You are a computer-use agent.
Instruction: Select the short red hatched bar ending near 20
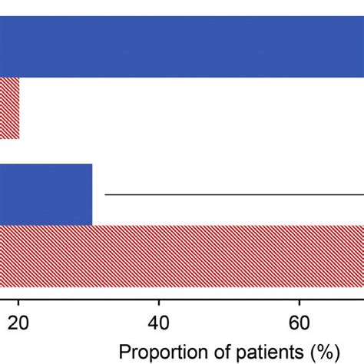click(9, 108)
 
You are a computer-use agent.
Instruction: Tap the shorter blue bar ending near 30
click(46, 194)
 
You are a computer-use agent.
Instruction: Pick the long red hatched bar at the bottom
click(182, 256)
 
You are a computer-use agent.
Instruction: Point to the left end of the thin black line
click(106, 194)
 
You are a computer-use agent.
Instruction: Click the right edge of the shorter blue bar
click(91, 194)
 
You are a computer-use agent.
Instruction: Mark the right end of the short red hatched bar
click(18, 108)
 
